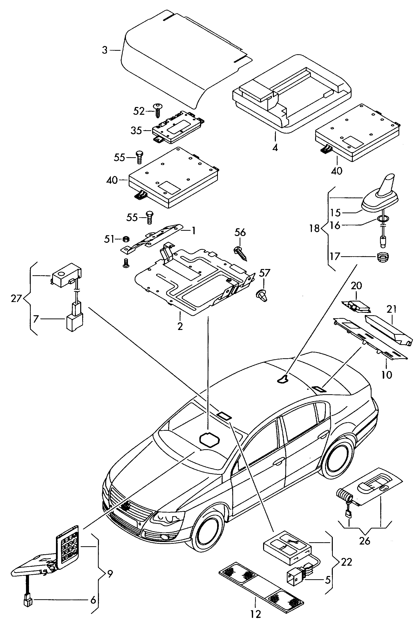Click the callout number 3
tap(104, 50)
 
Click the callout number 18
tap(315, 228)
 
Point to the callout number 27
tap(16, 298)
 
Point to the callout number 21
tap(391, 309)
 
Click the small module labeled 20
tap(357, 306)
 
